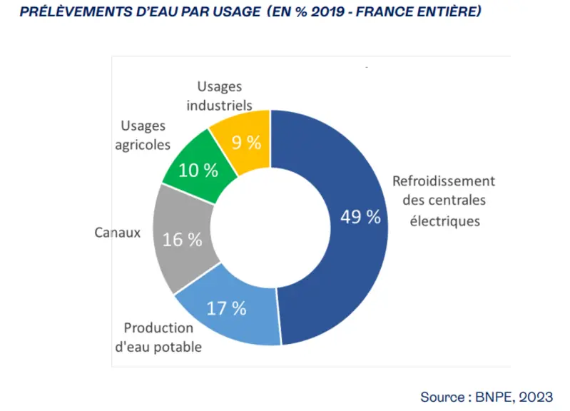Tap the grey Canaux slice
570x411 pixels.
182,240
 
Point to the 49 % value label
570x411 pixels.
360,217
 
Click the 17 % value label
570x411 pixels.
226,308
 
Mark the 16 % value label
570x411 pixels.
182,240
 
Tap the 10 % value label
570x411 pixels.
198,171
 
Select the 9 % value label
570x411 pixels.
246,142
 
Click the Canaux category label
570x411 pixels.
117,233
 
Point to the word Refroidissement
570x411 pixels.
444,181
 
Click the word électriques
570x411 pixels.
445,220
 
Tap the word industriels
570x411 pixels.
219,105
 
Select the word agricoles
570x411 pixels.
143,145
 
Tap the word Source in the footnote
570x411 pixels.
442,397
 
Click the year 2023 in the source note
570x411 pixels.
536,397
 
